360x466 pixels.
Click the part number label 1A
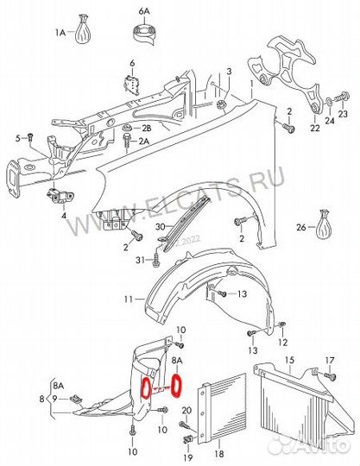(x=60, y=32)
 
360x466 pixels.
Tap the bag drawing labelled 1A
(x=82, y=29)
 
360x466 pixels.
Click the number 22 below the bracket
(x=315, y=128)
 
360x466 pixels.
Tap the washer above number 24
(x=330, y=102)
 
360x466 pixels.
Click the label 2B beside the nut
(x=145, y=129)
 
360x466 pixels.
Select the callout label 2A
(x=144, y=142)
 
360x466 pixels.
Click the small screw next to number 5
(x=29, y=137)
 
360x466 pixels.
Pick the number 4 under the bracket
(x=64, y=216)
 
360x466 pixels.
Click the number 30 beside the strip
(x=161, y=227)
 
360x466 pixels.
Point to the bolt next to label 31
(x=156, y=261)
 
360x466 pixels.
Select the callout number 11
(x=128, y=299)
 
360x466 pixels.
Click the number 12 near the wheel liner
(x=282, y=343)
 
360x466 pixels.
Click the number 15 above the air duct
(x=289, y=360)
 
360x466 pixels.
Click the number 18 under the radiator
(x=218, y=454)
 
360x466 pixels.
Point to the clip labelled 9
(x=77, y=400)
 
